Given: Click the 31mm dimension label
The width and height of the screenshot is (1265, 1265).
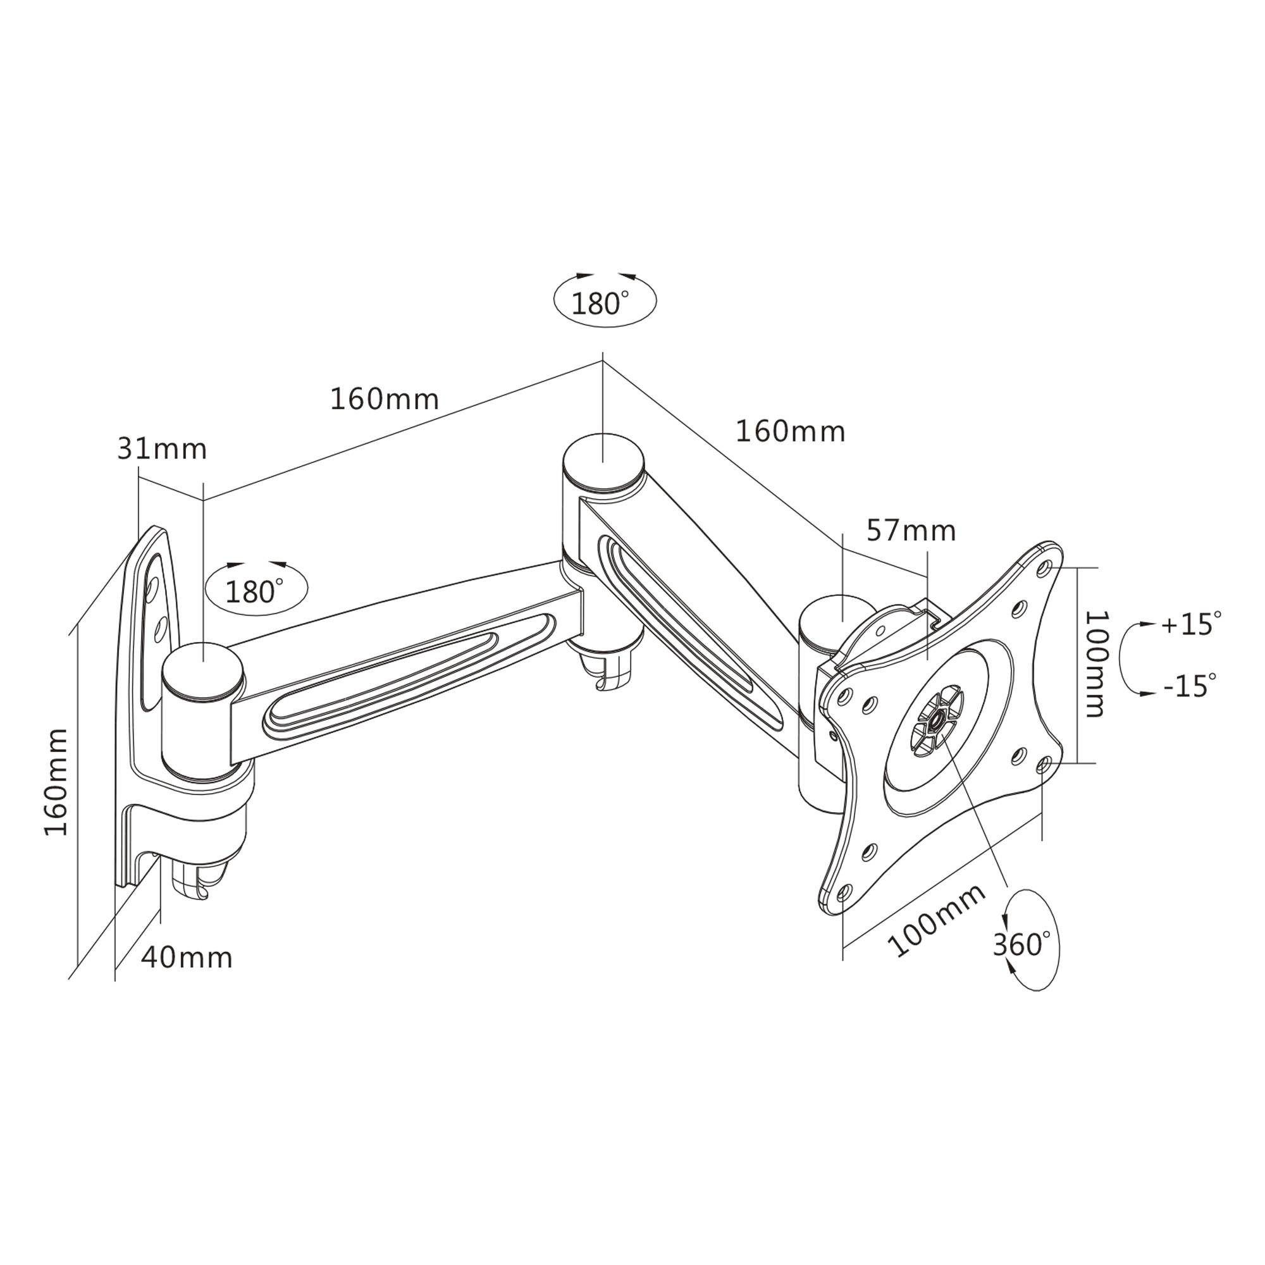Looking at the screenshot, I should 162,450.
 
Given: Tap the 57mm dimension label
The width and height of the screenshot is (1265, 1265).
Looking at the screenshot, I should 911,531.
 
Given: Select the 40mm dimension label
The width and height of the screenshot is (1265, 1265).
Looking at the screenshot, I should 187,958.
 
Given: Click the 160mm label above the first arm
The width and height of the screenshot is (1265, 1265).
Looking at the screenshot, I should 384,399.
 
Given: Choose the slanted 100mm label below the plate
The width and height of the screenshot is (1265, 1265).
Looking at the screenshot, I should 936,920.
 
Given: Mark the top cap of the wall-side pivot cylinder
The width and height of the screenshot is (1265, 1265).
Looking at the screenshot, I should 203,670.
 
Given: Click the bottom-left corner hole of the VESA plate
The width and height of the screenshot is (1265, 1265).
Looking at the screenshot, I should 843,892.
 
